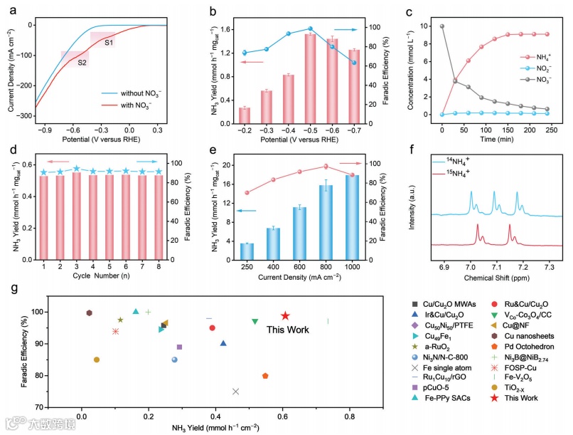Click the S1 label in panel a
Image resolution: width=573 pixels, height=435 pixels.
point(109,43)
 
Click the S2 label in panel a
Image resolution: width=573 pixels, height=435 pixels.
point(82,63)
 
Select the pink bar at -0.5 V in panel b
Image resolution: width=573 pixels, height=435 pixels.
point(310,79)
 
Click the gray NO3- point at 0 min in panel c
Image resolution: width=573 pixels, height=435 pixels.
point(423,26)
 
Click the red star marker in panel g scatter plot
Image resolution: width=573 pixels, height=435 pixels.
point(285,315)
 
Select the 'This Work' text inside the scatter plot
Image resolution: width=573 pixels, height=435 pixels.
point(287,330)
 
